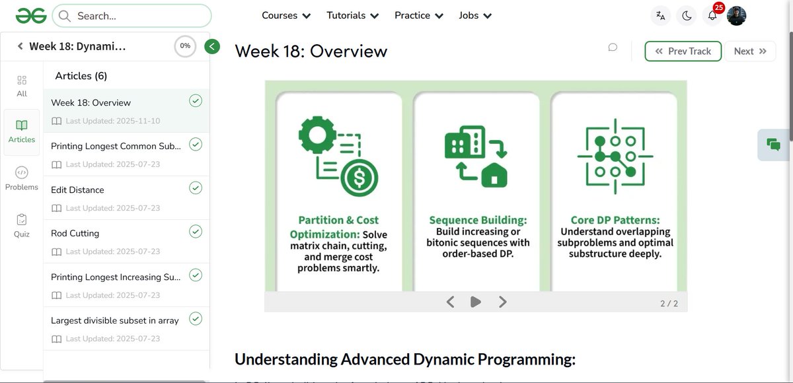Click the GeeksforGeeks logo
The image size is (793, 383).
click(x=31, y=15)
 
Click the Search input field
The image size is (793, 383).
click(x=132, y=16)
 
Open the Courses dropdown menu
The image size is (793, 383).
click(x=286, y=15)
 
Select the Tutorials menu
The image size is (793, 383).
click(x=353, y=15)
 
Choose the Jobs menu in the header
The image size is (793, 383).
click(x=475, y=15)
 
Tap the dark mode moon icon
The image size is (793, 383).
click(x=687, y=16)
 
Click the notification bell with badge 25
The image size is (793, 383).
click(x=712, y=16)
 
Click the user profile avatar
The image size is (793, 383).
click(x=736, y=16)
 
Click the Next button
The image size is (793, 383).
click(x=750, y=51)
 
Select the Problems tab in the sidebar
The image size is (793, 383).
click(x=22, y=178)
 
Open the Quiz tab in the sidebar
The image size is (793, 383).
click(x=22, y=225)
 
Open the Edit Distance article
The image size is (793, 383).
click(x=77, y=190)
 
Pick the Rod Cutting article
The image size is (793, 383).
click(x=75, y=233)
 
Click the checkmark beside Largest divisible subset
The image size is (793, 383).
click(x=196, y=319)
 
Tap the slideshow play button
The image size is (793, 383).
click(x=475, y=302)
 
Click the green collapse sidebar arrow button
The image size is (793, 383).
click(x=211, y=46)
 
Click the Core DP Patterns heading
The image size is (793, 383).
click(x=615, y=220)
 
